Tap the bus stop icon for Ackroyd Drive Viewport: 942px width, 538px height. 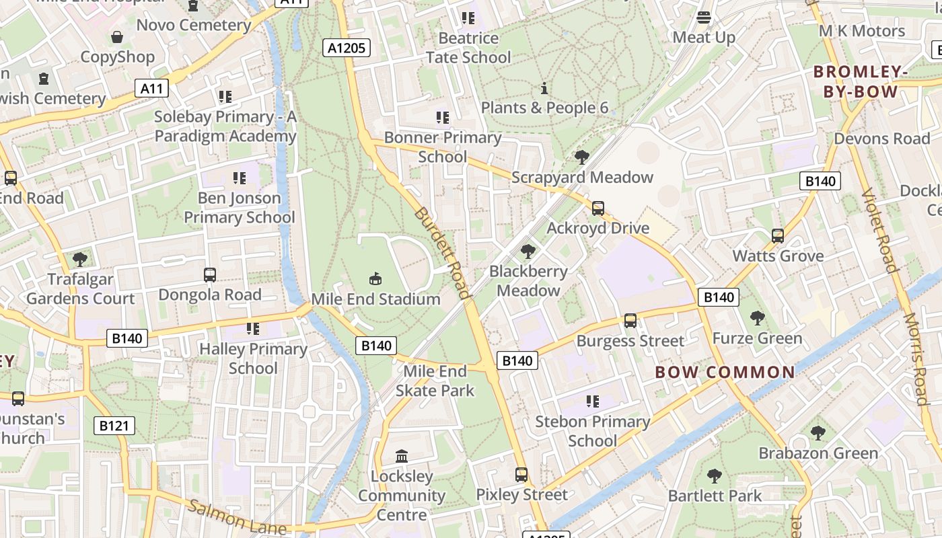(x=597, y=208)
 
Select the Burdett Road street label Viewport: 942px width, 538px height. (x=441, y=252)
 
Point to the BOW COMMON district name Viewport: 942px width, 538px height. (x=725, y=372)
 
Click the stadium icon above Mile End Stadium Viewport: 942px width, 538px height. (x=375, y=278)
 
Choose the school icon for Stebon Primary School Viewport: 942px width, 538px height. (x=592, y=401)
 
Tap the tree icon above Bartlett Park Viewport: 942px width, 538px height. (x=715, y=476)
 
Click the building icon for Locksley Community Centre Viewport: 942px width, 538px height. (x=402, y=457)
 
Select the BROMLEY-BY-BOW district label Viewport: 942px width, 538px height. (x=856, y=81)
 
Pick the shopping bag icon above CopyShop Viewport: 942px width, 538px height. (x=117, y=37)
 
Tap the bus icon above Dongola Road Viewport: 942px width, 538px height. (x=210, y=275)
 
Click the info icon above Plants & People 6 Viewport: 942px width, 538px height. (x=544, y=88)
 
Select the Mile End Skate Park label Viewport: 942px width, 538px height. (x=435, y=381)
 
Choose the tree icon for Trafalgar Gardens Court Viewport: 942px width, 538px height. (x=80, y=259)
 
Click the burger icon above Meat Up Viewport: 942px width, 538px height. (x=704, y=17)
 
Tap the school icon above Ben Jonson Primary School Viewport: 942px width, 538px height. (x=240, y=178)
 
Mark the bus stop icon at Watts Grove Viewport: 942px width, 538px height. (x=778, y=236)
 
